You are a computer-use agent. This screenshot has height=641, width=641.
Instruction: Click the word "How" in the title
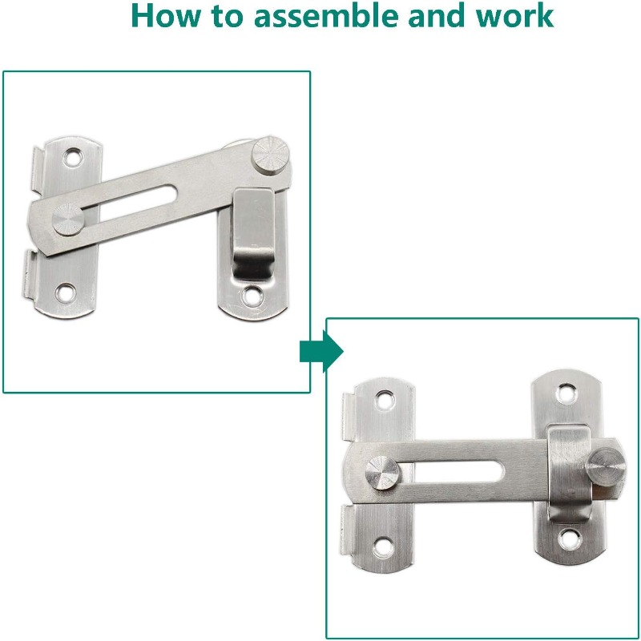click(167, 15)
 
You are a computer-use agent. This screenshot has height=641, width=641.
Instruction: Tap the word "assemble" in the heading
click(326, 15)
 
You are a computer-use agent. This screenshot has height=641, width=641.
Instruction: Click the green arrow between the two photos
click(321, 351)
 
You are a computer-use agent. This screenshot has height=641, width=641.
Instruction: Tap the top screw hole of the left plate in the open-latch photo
click(74, 156)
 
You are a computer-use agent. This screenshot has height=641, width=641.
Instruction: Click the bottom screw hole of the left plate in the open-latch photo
click(66, 292)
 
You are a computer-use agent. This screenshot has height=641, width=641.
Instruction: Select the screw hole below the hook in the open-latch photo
click(252, 296)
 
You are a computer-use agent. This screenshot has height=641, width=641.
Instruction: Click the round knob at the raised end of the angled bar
click(270, 156)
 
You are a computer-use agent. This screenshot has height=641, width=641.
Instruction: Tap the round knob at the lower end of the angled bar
click(68, 220)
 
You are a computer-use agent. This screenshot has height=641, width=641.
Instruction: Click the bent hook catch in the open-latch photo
click(252, 234)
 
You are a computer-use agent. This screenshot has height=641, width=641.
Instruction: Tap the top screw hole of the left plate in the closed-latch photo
click(385, 399)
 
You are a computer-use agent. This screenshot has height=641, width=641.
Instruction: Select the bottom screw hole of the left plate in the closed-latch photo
click(384, 547)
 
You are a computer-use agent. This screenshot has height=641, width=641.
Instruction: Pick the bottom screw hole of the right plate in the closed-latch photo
click(569, 538)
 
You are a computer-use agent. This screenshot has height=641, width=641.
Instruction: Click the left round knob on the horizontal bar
click(383, 473)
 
